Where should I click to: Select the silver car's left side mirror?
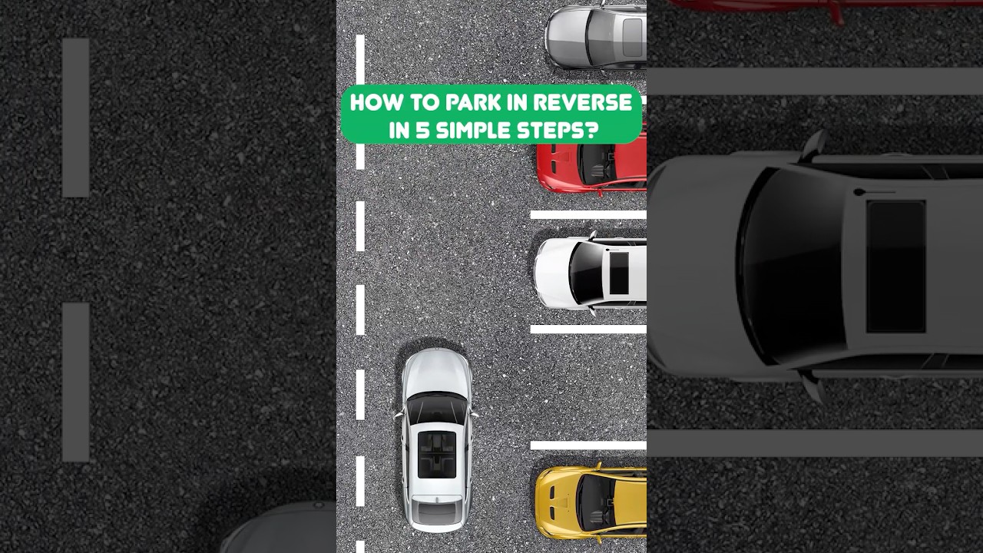pyautogui.click(x=399, y=416)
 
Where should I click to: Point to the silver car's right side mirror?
pyautogui.click(x=475, y=416)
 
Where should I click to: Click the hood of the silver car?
pyautogui.click(x=436, y=373)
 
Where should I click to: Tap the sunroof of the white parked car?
pyautogui.click(x=618, y=273)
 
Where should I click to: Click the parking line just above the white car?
pyautogui.click(x=588, y=215)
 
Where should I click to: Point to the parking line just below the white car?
pyautogui.click(x=588, y=329)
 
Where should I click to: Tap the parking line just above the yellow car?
pyautogui.click(x=588, y=445)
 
